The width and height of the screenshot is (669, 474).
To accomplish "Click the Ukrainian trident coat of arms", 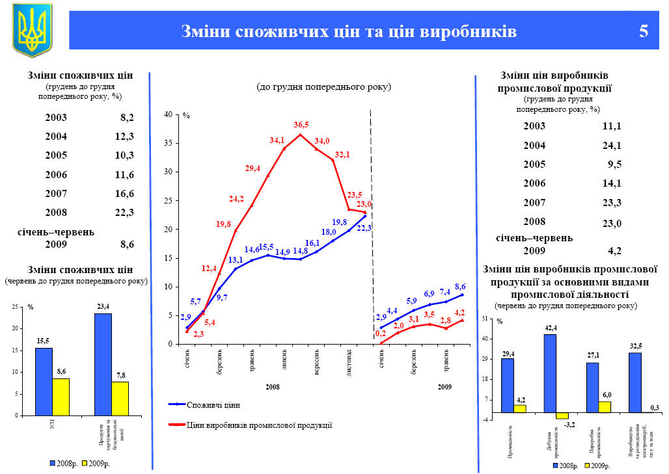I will [x=32, y=30].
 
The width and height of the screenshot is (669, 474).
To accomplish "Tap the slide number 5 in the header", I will [x=644, y=31].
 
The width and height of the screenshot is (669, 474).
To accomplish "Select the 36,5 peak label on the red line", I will [x=301, y=125].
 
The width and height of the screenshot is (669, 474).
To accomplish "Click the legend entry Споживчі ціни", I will [x=213, y=405].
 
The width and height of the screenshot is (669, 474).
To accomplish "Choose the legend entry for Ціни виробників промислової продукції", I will [x=259, y=425].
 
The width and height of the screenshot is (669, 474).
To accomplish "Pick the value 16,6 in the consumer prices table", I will [x=124, y=193].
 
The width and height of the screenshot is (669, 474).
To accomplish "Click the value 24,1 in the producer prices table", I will [x=612, y=145].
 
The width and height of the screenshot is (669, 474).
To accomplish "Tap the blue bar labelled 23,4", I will [x=103, y=364].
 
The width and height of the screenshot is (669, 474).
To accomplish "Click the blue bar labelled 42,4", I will [x=550, y=373].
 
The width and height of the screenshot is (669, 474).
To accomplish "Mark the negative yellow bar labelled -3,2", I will [x=562, y=415].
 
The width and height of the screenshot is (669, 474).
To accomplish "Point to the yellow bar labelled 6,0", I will [x=605, y=406].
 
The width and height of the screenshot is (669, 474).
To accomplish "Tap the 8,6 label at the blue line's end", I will [x=460, y=287].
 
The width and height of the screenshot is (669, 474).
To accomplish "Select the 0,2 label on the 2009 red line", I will [x=381, y=334].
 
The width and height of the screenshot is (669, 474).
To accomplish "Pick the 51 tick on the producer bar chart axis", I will [x=484, y=319].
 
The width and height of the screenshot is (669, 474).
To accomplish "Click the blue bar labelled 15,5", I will [x=44, y=381].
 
